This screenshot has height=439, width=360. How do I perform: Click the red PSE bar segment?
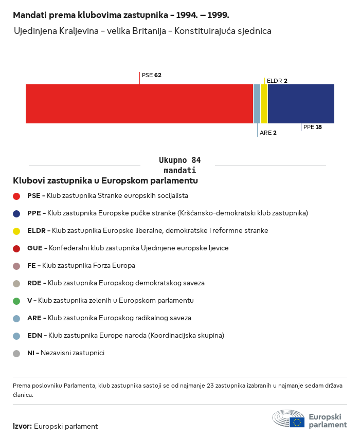pos(139,104)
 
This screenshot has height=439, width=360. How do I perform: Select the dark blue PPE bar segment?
pos(301,104)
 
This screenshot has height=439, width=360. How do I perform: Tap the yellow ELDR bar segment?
pos(264,104)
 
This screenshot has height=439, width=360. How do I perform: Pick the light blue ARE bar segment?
pos(257,104)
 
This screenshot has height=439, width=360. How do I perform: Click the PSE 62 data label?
pos(152,75)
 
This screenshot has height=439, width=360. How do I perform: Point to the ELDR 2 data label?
pos(277,81)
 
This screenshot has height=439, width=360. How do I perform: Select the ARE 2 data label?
pos(268,133)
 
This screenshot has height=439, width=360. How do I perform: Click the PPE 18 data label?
pos(313,127)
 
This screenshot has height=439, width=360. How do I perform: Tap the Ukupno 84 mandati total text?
pos(179,165)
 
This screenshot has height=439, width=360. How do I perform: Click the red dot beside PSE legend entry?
pos(17,196)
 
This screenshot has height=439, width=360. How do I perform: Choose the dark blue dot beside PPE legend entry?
pos(17,213)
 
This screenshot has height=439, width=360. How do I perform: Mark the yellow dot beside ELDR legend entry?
pos(17,231)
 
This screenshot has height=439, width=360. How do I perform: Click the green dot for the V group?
pos(17,301)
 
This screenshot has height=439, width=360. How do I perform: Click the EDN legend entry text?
pos(126,336)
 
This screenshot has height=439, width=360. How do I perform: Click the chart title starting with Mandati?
pos(121,15)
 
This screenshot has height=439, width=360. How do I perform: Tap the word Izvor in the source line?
pos(23,426)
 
